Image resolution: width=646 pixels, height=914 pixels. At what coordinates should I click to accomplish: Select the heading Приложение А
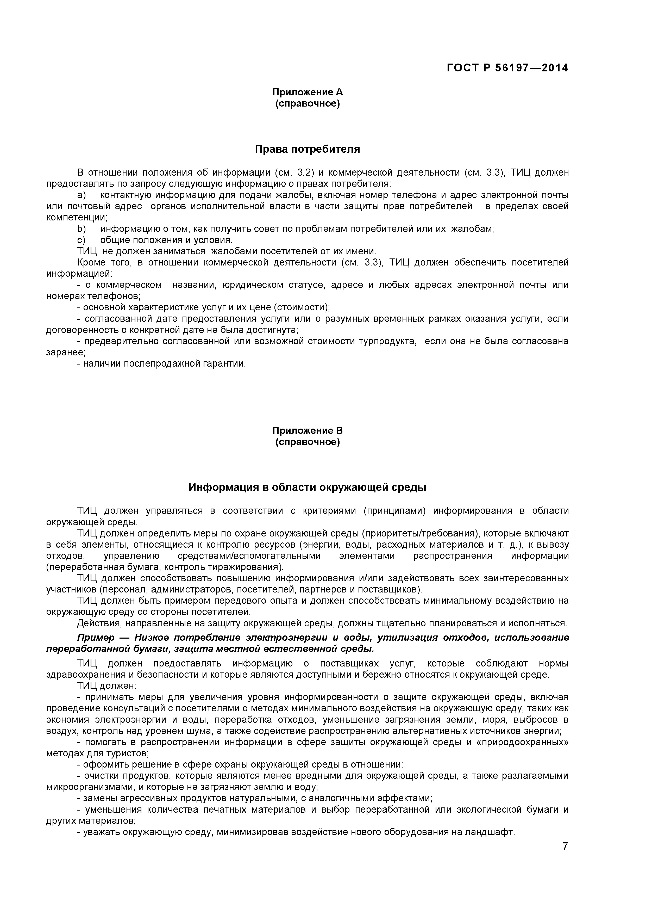[x=308, y=92]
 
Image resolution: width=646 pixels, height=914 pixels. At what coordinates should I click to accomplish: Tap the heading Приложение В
[x=308, y=431]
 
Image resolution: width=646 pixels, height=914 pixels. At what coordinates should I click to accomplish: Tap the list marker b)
[x=81, y=229]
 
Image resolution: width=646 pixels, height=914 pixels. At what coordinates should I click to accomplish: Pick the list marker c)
[x=81, y=240]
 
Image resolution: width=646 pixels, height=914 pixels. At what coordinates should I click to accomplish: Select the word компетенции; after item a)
[x=77, y=218]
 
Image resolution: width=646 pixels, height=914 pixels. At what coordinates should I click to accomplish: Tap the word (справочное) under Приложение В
[x=308, y=442]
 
